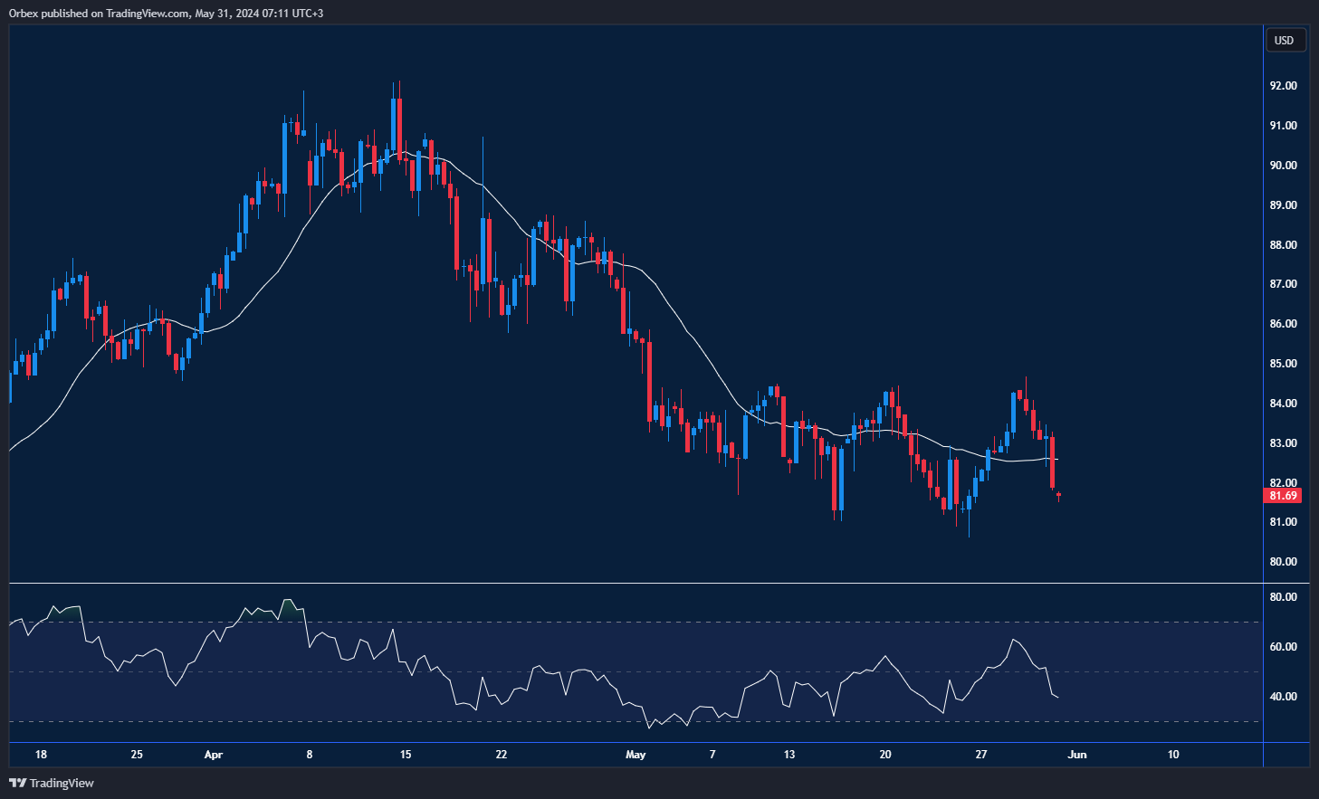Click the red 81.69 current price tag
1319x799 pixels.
(x=1283, y=496)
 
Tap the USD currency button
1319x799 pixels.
(x=1284, y=40)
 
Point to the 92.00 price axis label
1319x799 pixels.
(x=1283, y=86)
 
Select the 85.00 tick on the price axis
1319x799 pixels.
(x=1283, y=364)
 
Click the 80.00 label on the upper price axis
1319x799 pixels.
(x=1283, y=562)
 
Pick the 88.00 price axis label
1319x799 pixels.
(x=1283, y=245)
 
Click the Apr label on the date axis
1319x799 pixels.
(x=214, y=755)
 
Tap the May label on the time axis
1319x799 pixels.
(x=636, y=755)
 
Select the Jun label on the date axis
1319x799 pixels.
(x=1077, y=755)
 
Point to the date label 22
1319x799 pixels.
(x=502, y=755)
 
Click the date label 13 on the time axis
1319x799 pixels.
(x=789, y=755)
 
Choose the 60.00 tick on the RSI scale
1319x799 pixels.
(x=1283, y=647)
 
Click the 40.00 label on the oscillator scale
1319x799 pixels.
(x=1283, y=697)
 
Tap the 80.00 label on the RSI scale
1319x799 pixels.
(x=1283, y=597)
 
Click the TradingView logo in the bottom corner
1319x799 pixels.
(x=52, y=783)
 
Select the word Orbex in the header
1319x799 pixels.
(x=24, y=14)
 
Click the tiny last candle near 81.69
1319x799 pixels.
(x=1058, y=495)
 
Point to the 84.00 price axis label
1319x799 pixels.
(x=1283, y=404)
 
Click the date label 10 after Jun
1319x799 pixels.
(x=1173, y=755)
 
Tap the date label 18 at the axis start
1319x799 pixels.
(x=41, y=755)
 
